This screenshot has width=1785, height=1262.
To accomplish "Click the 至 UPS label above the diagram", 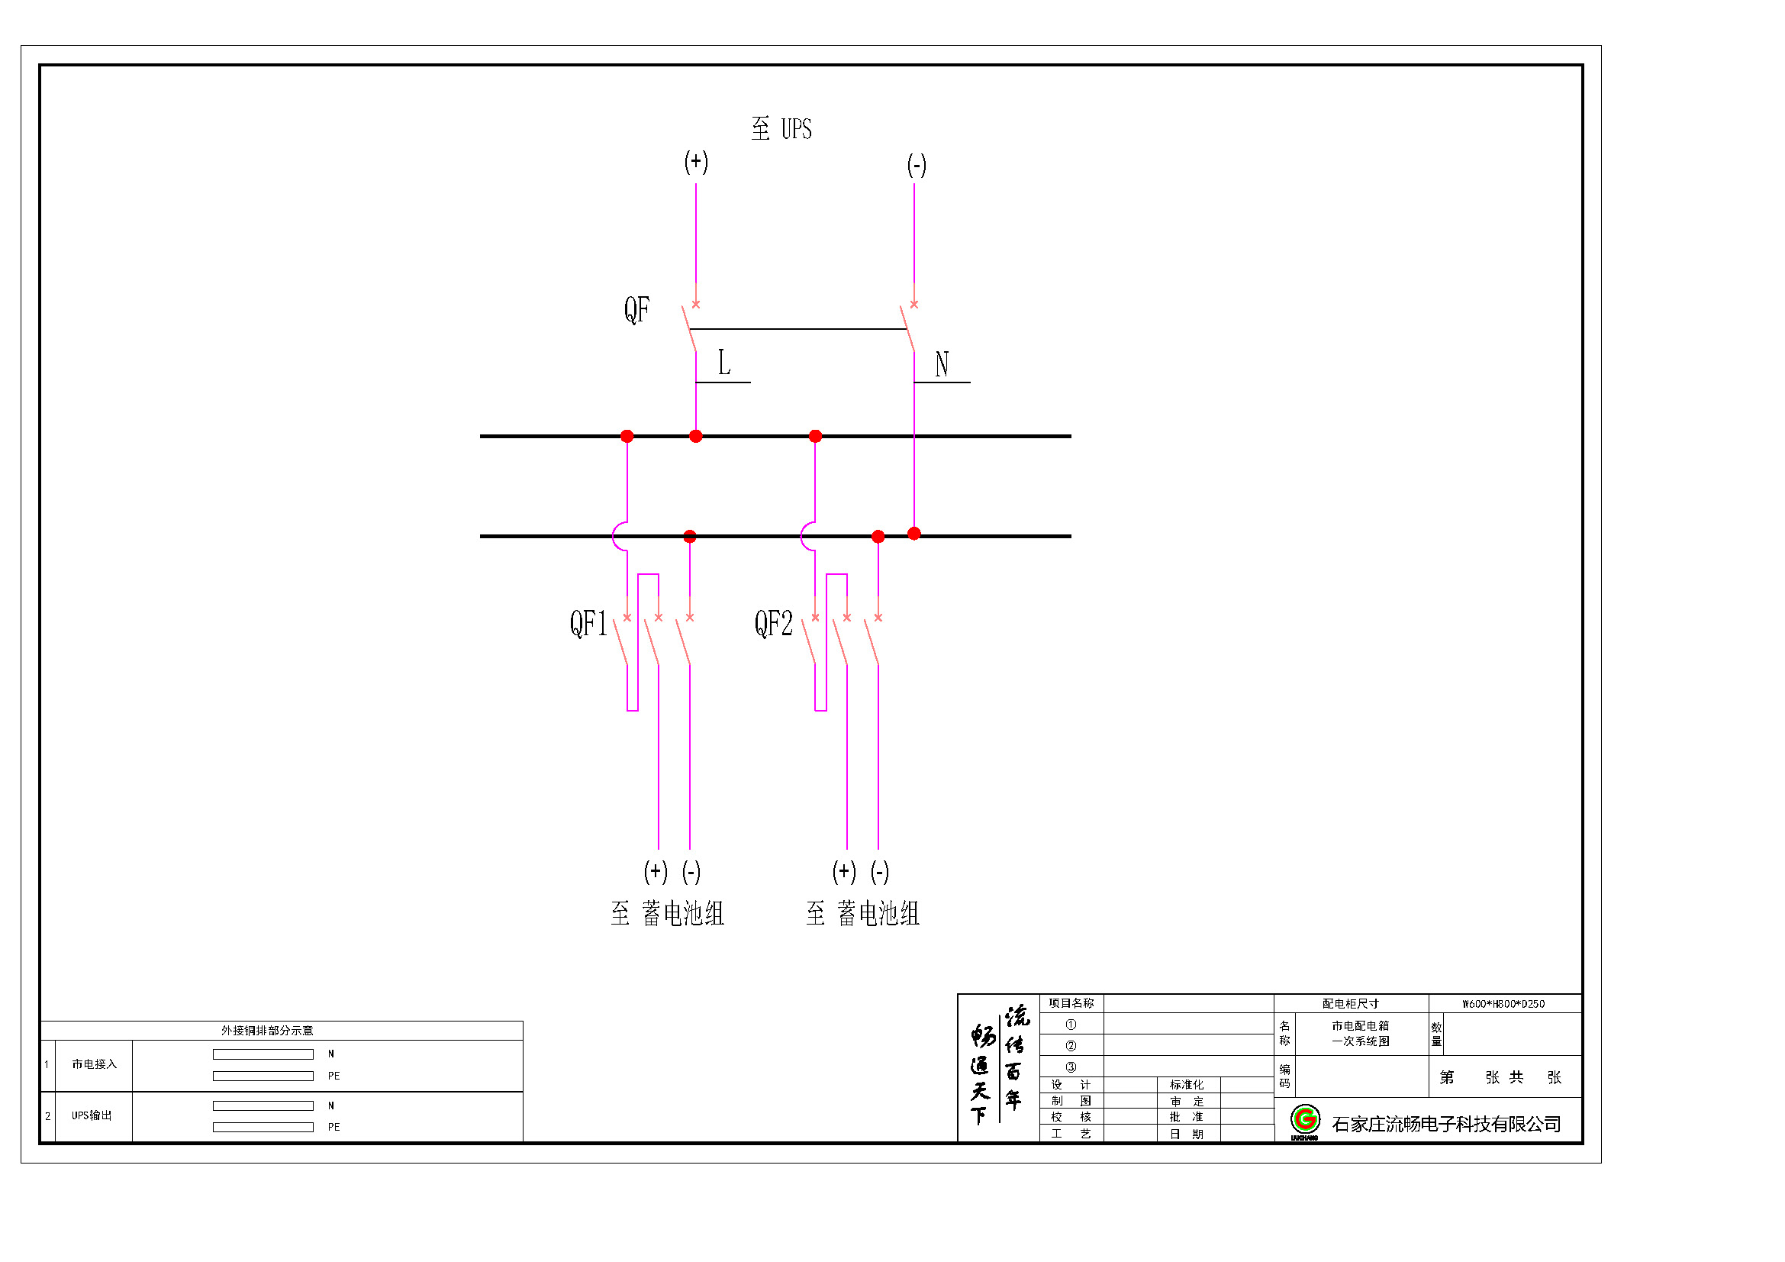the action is [781, 128].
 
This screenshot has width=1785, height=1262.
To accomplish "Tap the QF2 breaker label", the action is [774, 624].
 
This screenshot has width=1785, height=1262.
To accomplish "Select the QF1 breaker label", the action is [588, 624].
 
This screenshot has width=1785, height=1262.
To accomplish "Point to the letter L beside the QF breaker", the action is [723, 363].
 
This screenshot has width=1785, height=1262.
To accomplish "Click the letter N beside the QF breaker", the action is [942, 364].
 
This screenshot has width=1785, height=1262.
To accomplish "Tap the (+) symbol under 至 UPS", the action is [696, 162].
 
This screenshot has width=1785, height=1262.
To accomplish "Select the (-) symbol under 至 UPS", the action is [917, 165].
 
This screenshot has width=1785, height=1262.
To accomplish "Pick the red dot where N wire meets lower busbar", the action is [914, 534].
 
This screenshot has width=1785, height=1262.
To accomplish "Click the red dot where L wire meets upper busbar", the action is [696, 436].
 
